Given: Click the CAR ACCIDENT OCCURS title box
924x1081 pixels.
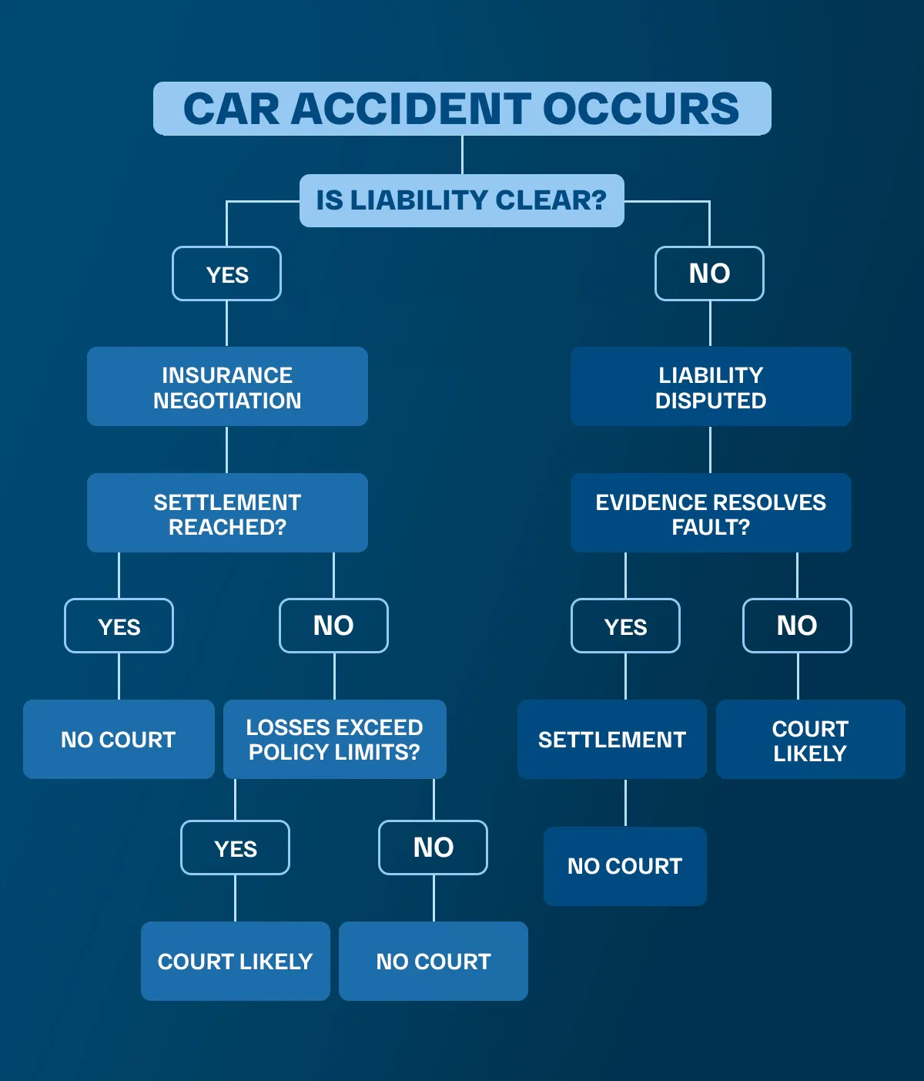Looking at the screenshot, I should point(462,109).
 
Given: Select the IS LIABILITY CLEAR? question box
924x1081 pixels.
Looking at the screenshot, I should point(461,200).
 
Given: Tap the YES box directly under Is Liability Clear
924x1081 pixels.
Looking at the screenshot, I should point(226,274).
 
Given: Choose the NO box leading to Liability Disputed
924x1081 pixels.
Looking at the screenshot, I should point(709,274).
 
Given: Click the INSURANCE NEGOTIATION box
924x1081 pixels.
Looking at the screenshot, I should point(227,387).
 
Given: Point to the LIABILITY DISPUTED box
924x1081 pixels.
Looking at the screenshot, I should point(711,387).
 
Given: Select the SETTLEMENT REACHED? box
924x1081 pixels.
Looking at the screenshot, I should point(227,513).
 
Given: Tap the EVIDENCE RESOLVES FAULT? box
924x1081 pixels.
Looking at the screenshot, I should point(711,513).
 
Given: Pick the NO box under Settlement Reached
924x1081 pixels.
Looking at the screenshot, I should point(333,626).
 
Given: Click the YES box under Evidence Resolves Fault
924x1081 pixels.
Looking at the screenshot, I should point(625,626).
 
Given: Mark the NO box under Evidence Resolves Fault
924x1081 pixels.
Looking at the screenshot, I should point(797,626).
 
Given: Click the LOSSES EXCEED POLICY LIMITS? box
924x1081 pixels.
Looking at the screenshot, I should point(334,740).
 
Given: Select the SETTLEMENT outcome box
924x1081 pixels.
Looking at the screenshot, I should point(611,740).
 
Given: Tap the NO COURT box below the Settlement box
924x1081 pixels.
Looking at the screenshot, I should point(624,866).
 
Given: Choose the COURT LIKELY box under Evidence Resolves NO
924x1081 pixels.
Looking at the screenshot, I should point(810,740).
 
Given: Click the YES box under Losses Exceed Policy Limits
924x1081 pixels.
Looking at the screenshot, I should point(235,848).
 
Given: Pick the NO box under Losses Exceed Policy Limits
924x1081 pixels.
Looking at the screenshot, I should point(433,848).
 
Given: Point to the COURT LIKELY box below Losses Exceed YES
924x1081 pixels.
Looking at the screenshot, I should point(235,962).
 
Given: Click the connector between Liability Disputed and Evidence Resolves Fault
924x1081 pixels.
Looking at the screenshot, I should point(710,450).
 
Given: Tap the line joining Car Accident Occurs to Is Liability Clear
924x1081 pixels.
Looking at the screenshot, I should point(462,155).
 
